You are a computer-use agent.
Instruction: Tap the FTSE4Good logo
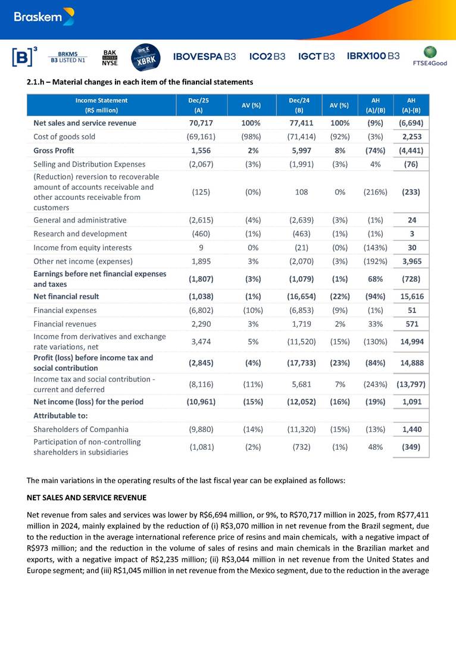click(429, 56)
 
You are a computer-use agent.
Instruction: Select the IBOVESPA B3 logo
click(204, 57)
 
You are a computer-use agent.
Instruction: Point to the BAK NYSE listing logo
click(110, 57)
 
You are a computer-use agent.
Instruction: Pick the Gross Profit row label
click(54, 151)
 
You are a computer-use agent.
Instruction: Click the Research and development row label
click(80, 233)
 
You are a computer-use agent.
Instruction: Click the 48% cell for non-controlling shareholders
click(375, 446)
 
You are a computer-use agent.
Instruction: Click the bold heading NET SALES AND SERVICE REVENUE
click(86, 497)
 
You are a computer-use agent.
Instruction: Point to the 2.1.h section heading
click(140, 82)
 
